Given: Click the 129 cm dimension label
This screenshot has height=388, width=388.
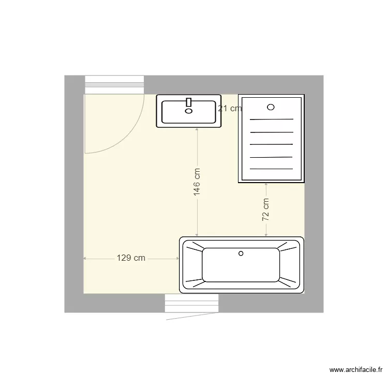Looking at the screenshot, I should point(130,258).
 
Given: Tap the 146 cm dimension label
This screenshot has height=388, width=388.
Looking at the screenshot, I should point(197,181).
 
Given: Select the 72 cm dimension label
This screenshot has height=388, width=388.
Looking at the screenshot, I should point(266,210).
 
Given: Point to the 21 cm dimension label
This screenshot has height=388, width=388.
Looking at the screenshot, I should point(229,109).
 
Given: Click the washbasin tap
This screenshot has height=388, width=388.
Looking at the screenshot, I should point(189,102).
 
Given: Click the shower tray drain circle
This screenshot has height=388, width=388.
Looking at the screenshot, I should point(271,107).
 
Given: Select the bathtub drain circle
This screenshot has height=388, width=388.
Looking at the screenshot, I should point(240,253).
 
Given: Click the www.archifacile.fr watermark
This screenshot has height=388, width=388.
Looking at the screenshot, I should point(356,369).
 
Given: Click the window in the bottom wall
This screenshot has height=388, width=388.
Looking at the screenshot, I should point(191,303).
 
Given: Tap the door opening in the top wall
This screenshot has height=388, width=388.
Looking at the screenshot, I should point(114,85).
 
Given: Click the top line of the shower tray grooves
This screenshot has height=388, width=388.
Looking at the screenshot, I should point(271,120).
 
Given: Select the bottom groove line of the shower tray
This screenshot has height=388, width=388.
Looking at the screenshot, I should point(271,169).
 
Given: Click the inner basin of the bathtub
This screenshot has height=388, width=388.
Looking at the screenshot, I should point(241,265).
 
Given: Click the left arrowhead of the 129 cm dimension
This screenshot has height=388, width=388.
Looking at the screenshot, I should point(85,258).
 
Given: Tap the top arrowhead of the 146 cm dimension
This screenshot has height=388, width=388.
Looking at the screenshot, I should point(197,130).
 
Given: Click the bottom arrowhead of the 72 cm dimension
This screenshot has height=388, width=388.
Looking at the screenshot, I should point(266,235).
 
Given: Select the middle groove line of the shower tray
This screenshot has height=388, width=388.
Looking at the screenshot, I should point(271,144).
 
